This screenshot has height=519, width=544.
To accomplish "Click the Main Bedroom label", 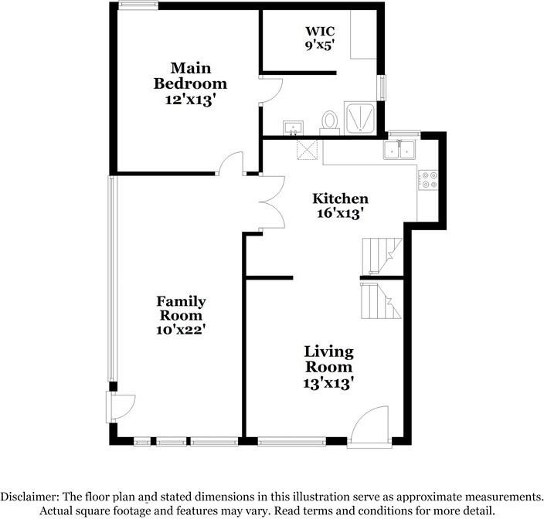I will click(189, 76).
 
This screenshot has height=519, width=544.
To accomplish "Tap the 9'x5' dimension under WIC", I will click(319, 45).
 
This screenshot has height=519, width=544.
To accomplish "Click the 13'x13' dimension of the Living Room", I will click(328, 382).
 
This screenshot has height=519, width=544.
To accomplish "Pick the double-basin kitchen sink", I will click(400, 149).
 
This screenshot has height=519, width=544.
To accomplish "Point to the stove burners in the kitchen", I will click(428, 181).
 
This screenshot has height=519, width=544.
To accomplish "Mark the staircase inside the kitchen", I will click(382, 255).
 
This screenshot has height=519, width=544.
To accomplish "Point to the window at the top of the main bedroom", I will click(139, 6).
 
